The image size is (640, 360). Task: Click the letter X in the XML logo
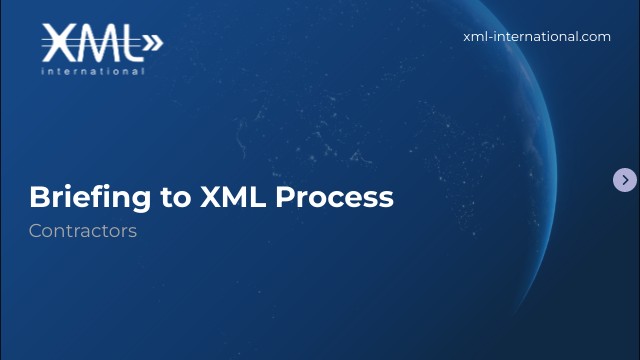59,42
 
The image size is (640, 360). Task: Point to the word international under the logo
93,71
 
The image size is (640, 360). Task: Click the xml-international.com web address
537,36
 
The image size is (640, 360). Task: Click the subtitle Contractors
82,231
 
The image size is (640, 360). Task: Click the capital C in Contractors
35,231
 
